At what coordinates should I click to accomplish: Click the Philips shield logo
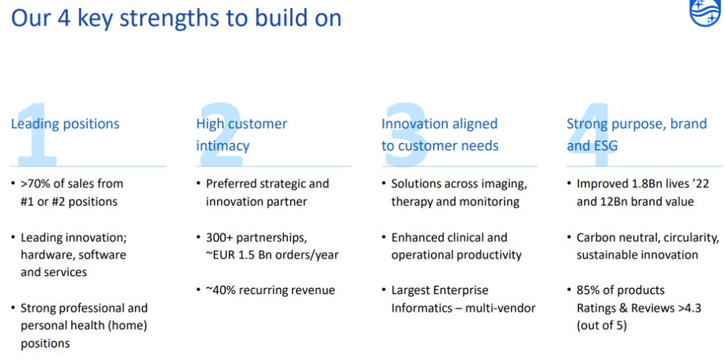coord(707,12)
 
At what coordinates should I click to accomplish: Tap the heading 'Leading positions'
coord(65,124)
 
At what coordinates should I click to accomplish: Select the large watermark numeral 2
coord(222,134)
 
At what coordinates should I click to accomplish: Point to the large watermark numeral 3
coord(405,134)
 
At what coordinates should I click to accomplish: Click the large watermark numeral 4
coord(590,134)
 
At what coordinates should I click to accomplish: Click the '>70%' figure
coord(36,184)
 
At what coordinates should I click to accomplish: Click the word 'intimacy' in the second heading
coord(223,146)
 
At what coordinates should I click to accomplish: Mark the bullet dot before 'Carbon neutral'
coord(569,237)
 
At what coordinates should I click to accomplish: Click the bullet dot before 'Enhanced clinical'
coord(384,237)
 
